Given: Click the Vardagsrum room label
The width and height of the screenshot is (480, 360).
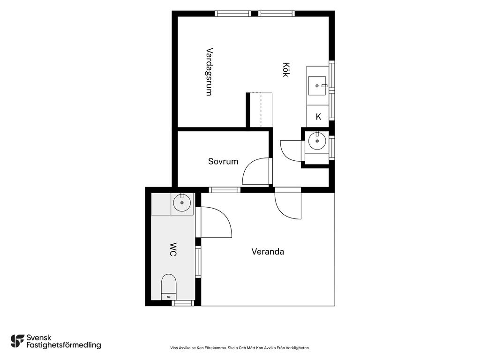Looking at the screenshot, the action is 209,72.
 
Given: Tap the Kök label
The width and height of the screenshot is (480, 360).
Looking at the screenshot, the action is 285,69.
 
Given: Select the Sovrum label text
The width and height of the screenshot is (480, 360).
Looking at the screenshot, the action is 223,161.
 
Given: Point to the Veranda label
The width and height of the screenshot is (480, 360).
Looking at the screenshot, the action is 268,252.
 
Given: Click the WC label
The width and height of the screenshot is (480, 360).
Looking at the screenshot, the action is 173,249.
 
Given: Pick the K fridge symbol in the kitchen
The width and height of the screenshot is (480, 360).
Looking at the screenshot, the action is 318,117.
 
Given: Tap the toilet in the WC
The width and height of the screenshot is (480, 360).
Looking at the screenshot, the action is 169,287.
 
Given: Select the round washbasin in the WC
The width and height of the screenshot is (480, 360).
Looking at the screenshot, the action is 182,202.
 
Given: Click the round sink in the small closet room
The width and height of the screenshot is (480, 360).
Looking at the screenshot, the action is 317,141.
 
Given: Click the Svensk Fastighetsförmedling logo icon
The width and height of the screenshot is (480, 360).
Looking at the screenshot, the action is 17,341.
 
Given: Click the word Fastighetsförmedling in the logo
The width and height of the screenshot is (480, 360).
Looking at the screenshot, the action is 64,345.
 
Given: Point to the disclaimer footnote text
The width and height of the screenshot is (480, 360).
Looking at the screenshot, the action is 240,348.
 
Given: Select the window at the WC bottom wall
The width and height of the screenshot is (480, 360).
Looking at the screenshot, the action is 183,303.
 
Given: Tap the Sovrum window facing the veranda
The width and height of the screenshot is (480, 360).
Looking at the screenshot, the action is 225,190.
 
